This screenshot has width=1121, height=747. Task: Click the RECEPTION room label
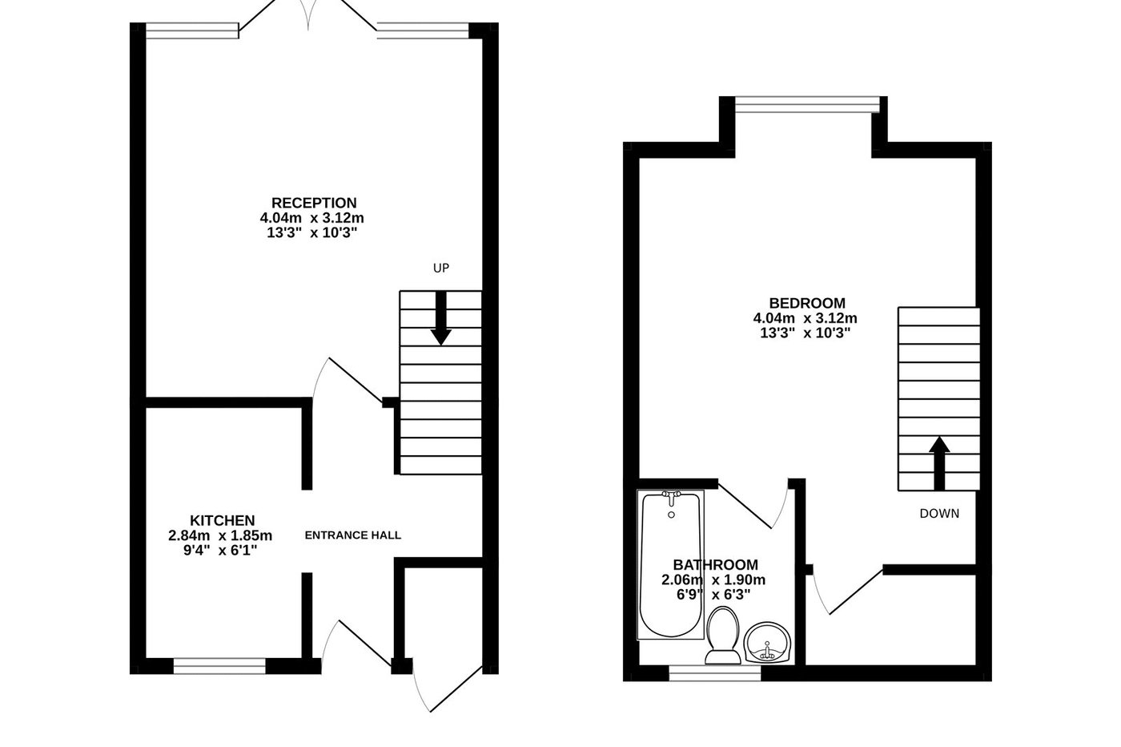(314, 203)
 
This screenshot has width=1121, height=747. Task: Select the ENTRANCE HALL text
(353, 535)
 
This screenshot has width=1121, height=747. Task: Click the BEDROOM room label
(807, 303)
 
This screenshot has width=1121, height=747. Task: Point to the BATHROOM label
(715, 565)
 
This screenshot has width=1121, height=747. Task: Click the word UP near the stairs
(441, 269)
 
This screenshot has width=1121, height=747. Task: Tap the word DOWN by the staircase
(939, 514)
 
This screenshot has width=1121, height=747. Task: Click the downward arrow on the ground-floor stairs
(440, 321)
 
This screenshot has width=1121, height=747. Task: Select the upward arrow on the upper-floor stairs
(939, 462)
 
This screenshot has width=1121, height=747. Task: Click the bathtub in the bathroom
(671, 565)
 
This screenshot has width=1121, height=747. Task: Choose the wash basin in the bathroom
(767, 643)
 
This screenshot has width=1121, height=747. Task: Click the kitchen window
(219, 664)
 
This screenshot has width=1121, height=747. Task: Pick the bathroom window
(714, 675)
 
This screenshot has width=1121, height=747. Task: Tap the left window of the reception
(192, 30)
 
